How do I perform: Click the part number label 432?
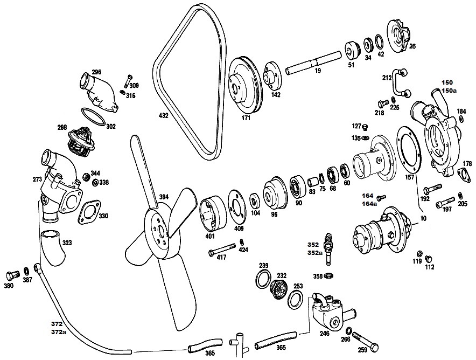(x=163, y=115)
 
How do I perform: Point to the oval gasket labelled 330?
(x=89, y=212)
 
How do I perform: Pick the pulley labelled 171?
(x=244, y=85)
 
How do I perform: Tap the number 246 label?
(x=325, y=333)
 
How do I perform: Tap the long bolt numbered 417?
(x=222, y=249)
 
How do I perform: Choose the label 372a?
(x=59, y=332)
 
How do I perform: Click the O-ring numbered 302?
(x=94, y=116)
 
